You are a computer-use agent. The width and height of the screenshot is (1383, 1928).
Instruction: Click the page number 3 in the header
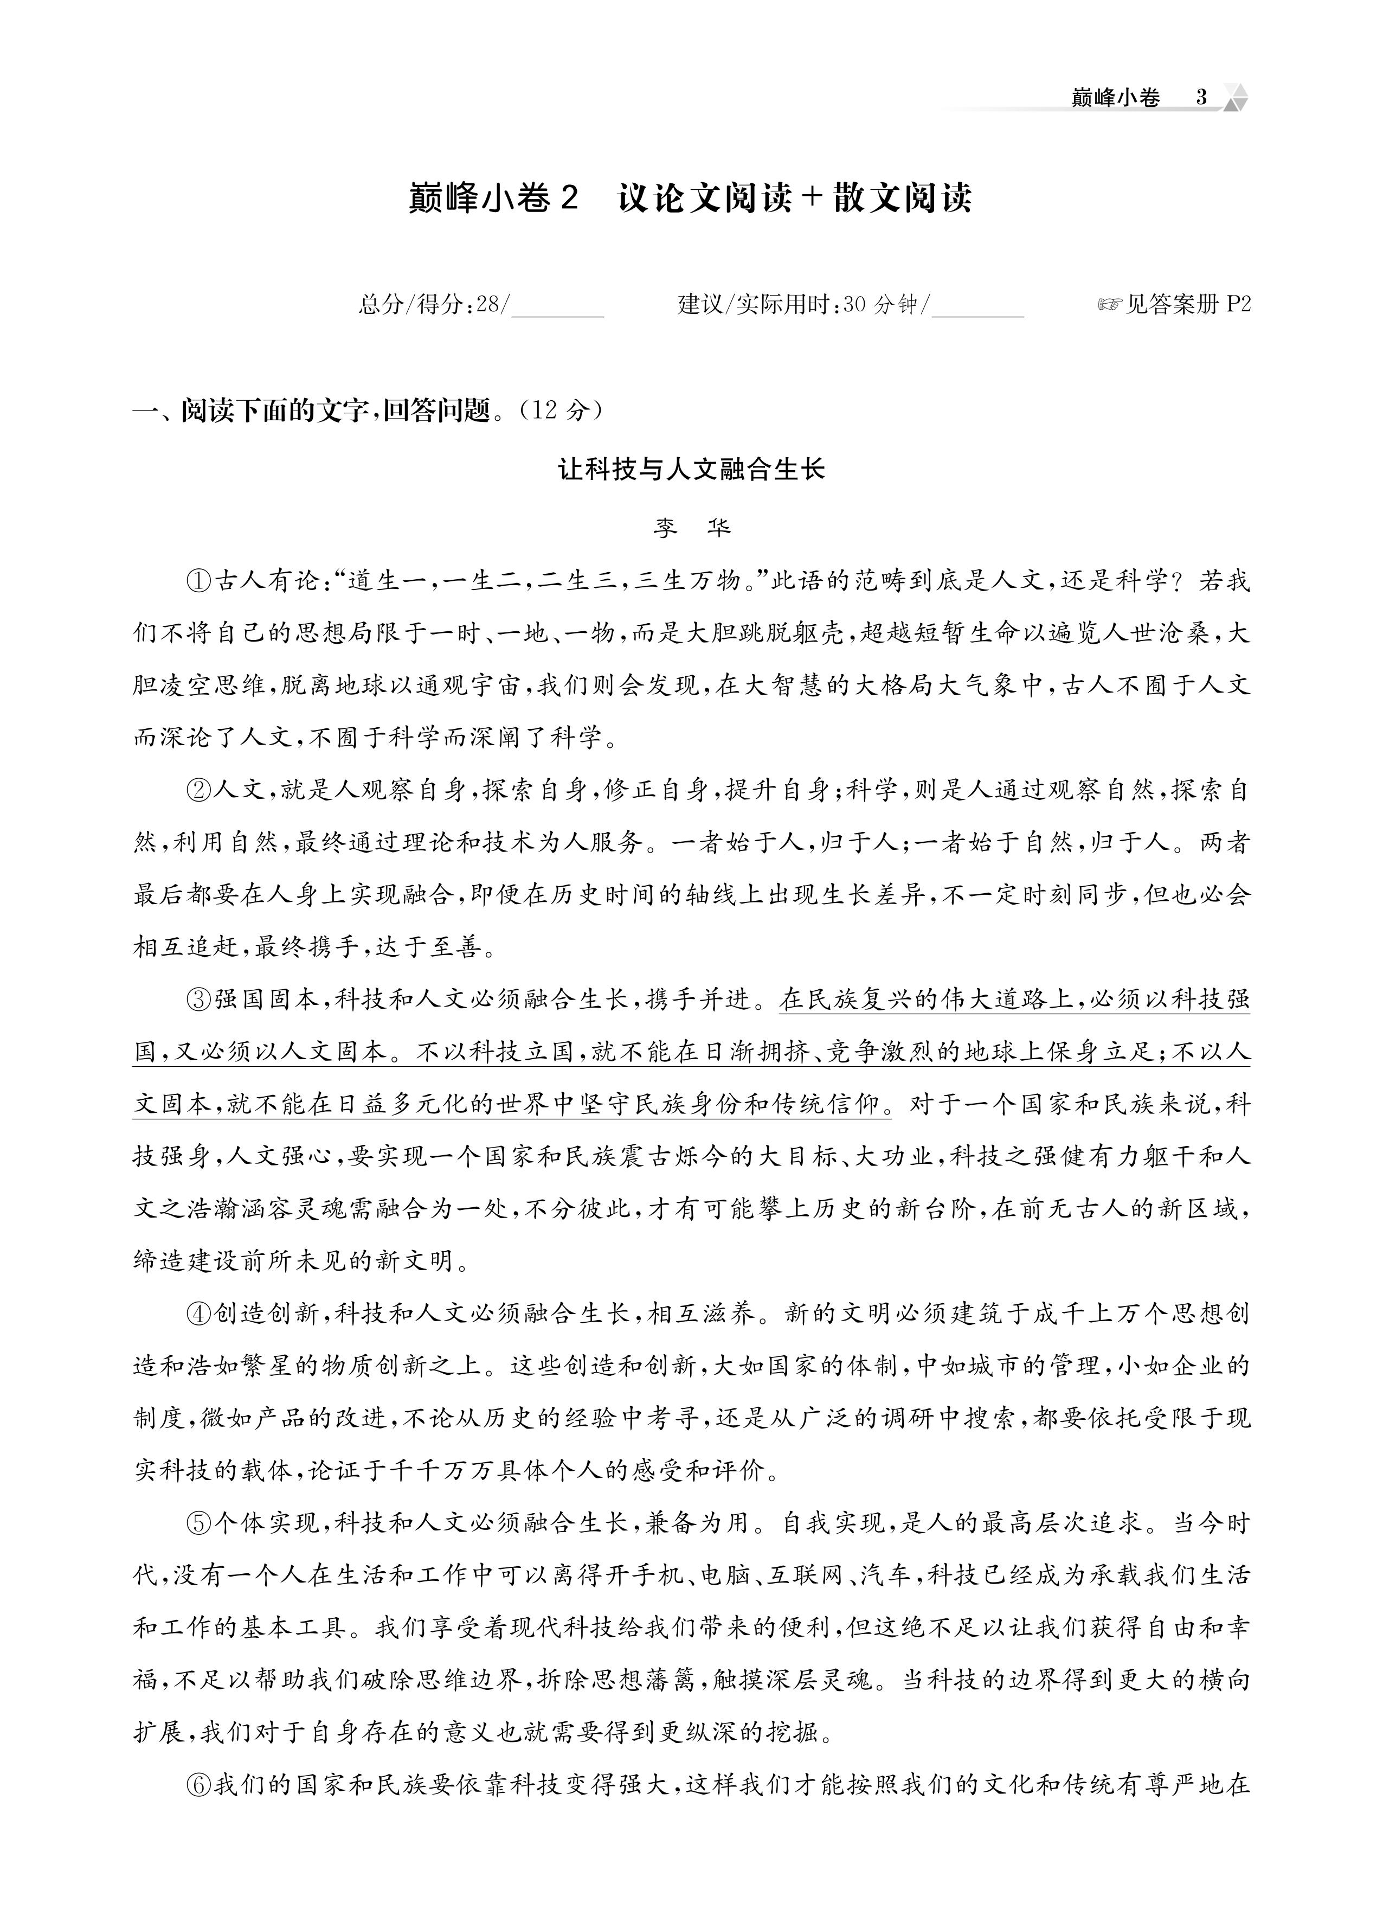[x=1200, y=98]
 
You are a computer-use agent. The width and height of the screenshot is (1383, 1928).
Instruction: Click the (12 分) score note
[x=562, y=411]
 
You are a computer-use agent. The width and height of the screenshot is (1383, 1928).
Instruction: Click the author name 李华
[x=691, y=528]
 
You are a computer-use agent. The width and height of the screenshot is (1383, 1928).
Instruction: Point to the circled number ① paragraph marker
[x=197, y=582]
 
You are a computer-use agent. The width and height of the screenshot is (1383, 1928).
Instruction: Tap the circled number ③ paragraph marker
[x=197, y=999]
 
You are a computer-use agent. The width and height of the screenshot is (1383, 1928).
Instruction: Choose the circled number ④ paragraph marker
[x=197, y=1314]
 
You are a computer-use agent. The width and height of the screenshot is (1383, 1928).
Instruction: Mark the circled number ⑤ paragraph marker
[x=197, y=1522]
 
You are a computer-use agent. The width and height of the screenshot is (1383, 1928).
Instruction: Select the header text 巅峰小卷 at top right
[x=1115, y=98]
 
